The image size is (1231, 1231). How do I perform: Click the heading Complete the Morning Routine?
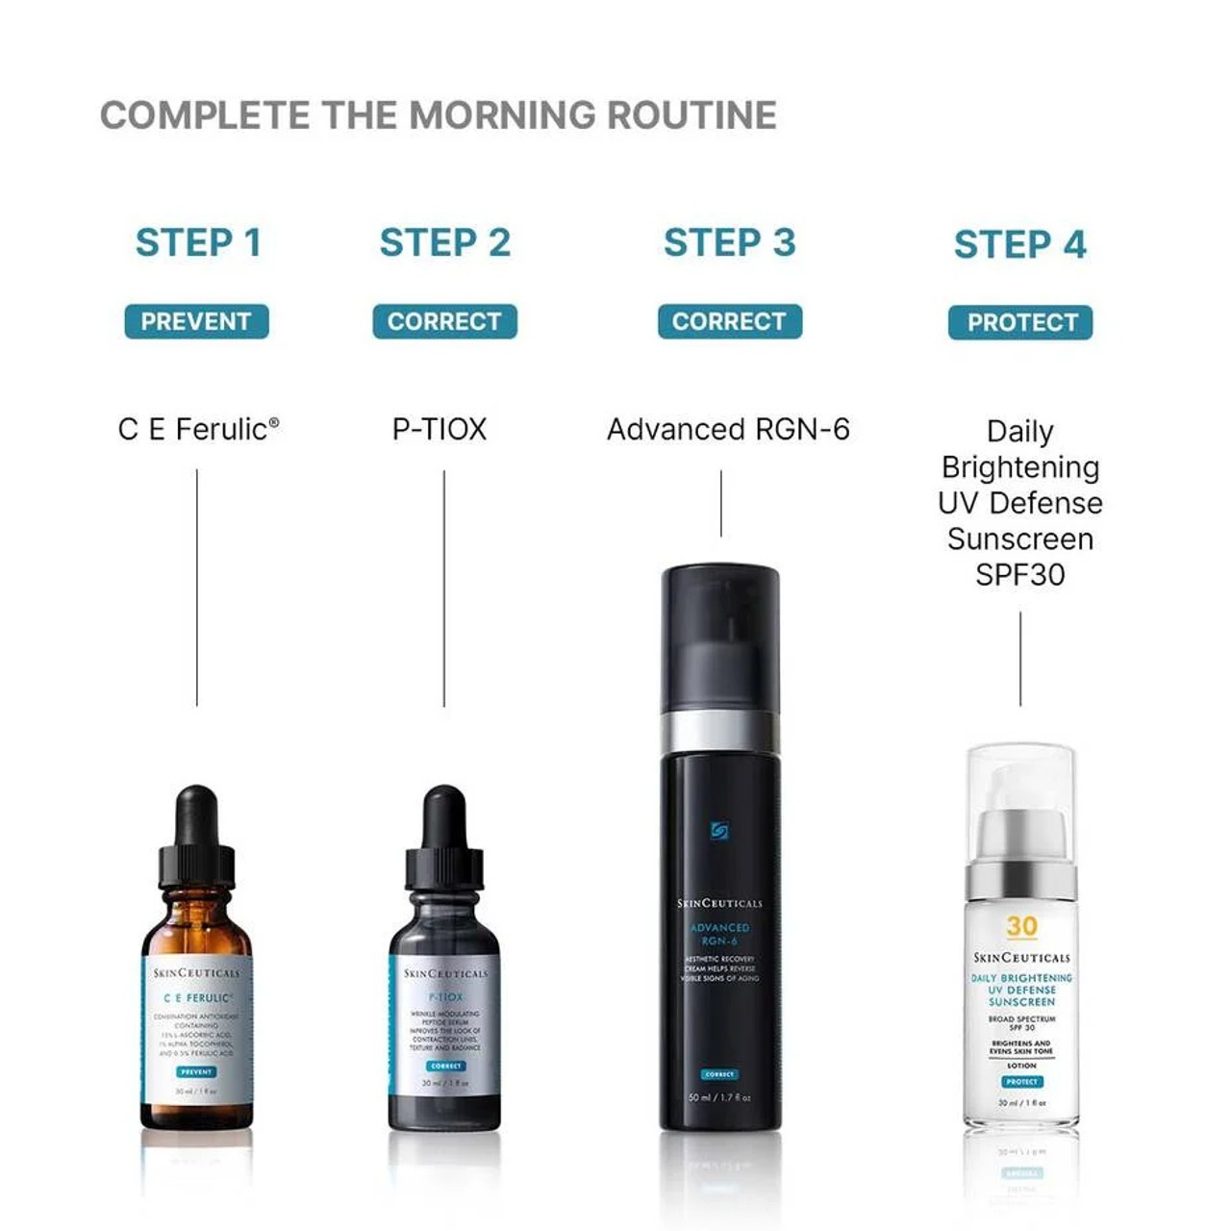coord(438,115)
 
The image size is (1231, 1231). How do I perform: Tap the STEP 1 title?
coord(198,243)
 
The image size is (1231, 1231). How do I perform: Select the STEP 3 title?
coord(729,243)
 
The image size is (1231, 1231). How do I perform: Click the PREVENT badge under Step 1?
coord(196,321)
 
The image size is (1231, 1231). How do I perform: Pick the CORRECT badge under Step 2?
coord(444,321)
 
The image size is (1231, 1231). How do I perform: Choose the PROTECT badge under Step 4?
coord(1020,322)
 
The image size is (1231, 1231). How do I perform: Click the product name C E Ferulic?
coord(198,429)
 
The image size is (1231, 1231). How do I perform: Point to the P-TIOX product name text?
coord(440,429)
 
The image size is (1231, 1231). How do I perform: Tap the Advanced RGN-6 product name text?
coord(728,429)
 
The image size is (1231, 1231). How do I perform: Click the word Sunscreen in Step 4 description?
coord(1020,539)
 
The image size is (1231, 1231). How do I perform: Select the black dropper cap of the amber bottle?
coord(197,837)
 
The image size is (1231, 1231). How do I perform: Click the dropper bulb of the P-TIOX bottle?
coord(444,813)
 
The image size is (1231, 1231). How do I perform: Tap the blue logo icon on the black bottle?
coord(719,831)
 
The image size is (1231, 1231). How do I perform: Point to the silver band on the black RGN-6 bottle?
coord(720,732)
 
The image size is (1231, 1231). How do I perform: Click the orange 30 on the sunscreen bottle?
coord(1021,926)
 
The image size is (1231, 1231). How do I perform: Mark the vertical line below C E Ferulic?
coord(197,587)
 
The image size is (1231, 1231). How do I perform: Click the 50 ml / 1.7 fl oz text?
coord(719,1097)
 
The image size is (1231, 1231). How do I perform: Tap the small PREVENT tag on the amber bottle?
coord(196,1071)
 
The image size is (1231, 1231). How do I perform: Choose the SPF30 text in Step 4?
coord(1020,575)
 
